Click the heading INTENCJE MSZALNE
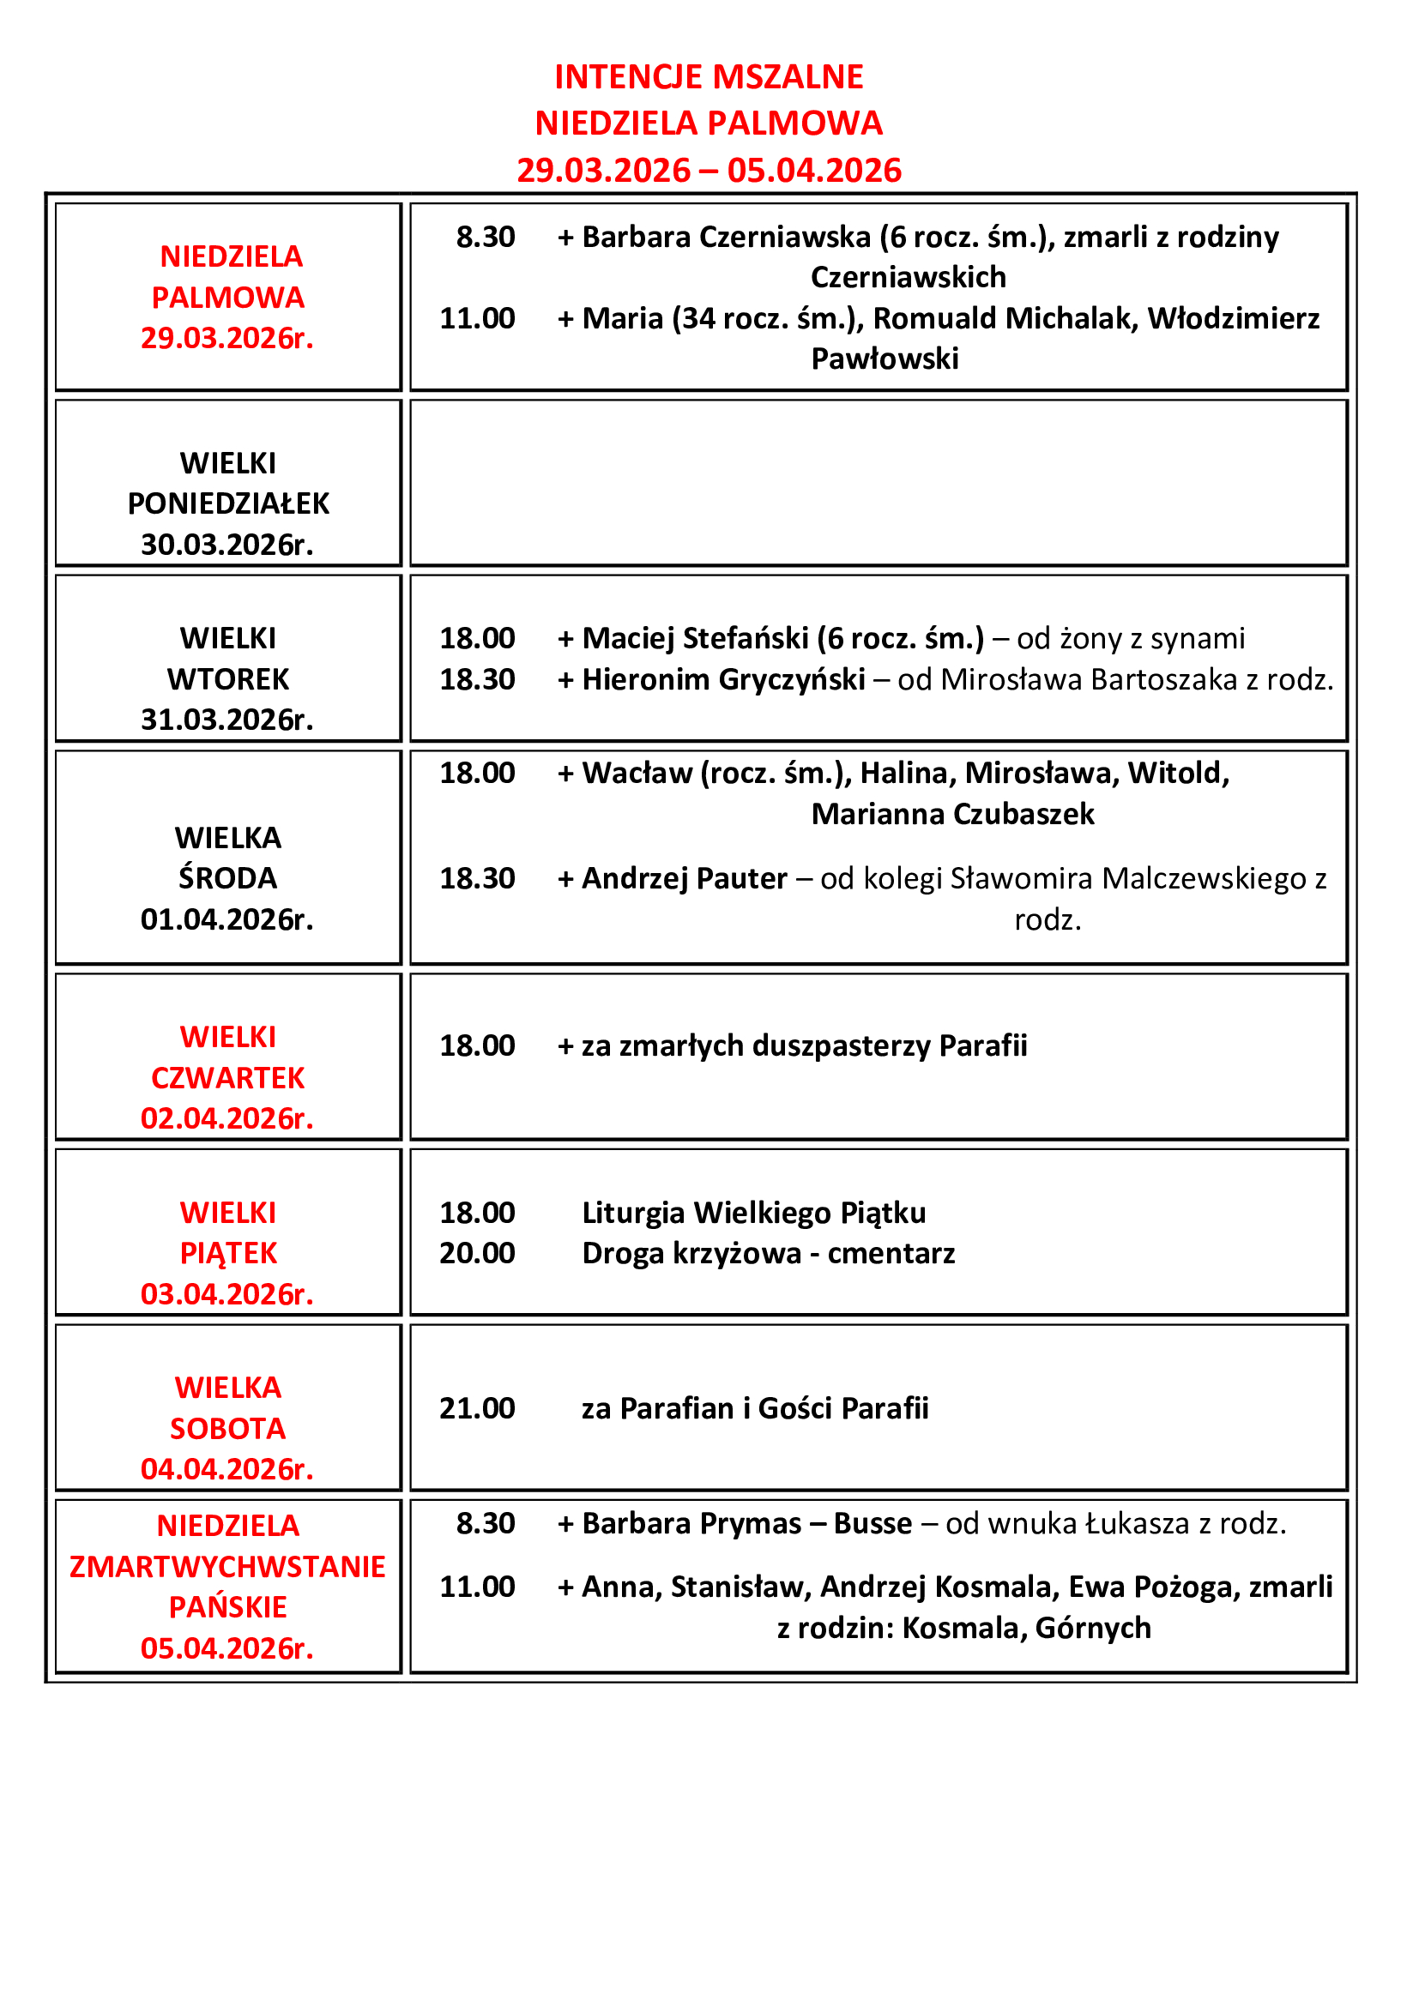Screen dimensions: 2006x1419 709,77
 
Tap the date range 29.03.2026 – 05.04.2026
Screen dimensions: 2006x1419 709,171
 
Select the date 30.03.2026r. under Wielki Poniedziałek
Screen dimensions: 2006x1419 227,545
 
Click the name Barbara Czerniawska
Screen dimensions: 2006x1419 726,237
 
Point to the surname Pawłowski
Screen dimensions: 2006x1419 885,358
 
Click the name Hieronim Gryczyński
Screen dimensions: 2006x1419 723,680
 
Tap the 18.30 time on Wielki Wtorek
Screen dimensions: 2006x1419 477,680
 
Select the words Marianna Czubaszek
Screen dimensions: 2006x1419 952,814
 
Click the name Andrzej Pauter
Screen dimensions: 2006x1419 684,879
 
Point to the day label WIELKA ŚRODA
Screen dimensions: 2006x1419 228,858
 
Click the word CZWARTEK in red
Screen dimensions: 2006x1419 228,1078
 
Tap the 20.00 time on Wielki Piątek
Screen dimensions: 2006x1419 477,1254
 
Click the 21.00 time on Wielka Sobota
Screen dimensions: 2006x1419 477,1408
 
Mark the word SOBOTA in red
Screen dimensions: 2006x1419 228,1429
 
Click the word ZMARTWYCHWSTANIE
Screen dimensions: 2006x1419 227,1568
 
